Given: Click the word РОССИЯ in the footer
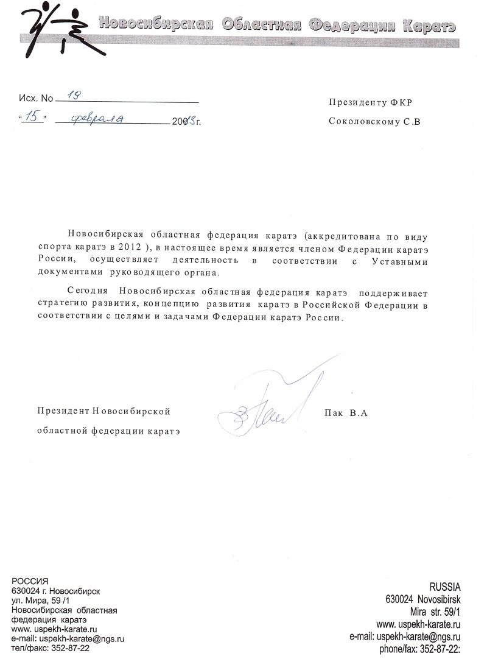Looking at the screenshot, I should click(x=30, y=580).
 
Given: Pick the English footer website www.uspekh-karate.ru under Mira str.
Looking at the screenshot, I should click(x=418, y=624).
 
